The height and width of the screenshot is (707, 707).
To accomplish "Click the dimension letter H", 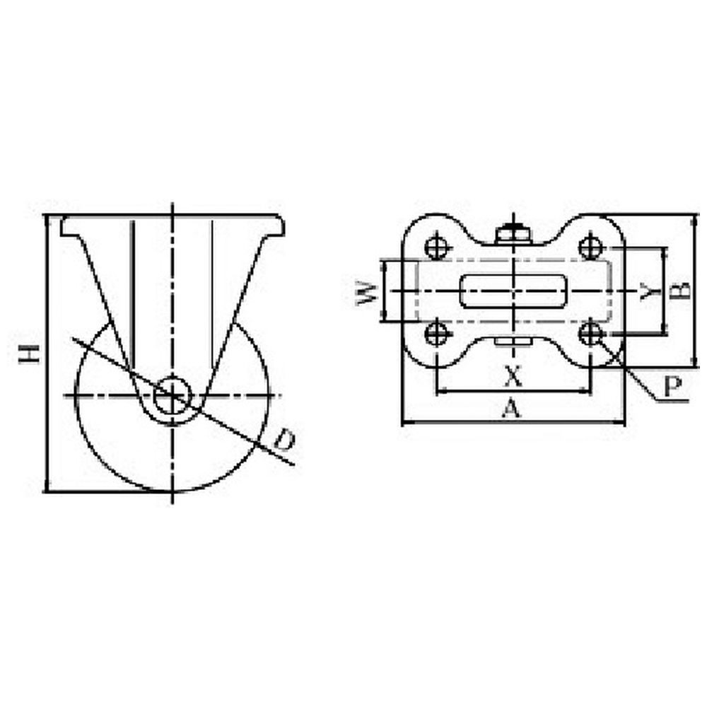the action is click(x=29, y=354).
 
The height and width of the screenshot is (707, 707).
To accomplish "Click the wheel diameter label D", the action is click(x=285, y=440).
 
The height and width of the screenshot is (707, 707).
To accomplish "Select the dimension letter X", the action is click(x=513, y=376).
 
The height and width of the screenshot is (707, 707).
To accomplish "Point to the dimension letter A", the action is click(x=512, y=408).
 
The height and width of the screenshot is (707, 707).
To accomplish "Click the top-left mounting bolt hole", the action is click(x=437, y=247).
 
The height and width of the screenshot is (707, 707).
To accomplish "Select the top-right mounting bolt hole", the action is click(x=590, y=247).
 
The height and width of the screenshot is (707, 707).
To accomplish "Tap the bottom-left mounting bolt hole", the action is click(x=437, y=334).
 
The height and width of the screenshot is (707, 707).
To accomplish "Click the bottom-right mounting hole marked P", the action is click(x=590, y=334).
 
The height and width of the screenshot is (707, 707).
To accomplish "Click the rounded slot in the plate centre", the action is click(x=513, y=291).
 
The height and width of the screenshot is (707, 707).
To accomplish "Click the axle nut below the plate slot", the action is click(x=513, y=341).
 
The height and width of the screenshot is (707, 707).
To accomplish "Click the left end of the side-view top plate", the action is click(x=62, y=226).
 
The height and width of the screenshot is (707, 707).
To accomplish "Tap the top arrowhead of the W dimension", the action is click(x=384, y=266).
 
